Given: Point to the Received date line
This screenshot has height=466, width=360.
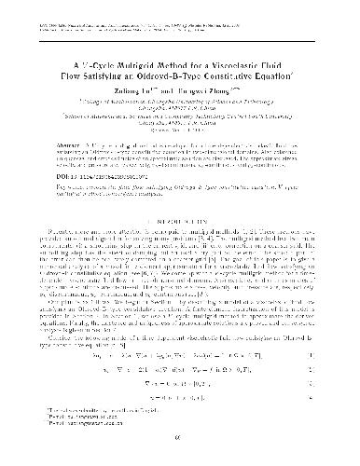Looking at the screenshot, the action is pyautogui.click(x=180, y=109).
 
